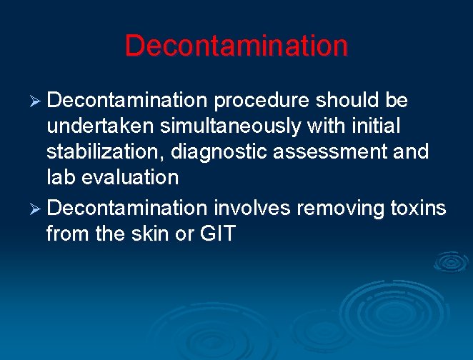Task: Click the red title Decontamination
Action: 236,46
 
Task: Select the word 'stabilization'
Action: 104,152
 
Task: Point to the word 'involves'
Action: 252,208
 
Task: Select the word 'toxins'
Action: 417,208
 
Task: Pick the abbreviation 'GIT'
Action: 218,234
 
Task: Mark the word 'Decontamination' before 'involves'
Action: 126,208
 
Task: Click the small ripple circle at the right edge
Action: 452,262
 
